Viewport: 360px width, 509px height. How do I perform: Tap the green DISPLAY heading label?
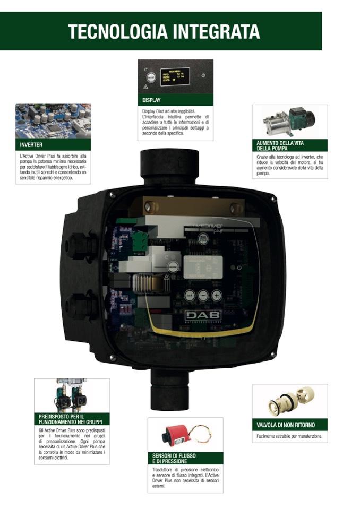pos(151,100)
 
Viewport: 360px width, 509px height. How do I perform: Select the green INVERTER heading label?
pos(31,144)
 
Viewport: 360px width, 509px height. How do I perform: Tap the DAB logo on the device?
pos(203,315)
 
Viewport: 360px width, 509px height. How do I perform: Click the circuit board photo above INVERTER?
pos(53,120)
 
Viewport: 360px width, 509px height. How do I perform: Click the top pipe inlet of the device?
pos(169,165)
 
